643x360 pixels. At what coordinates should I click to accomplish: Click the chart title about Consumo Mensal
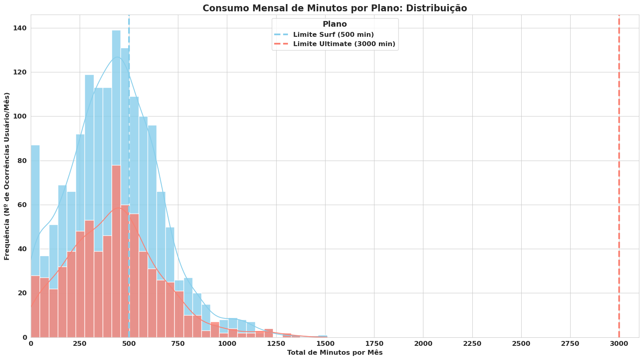334,8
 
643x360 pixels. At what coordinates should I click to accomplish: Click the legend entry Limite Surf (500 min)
333,34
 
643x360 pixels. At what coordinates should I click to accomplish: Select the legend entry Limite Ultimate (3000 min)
344,44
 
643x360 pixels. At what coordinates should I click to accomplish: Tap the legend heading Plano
334,24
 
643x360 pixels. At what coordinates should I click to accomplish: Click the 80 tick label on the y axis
23,161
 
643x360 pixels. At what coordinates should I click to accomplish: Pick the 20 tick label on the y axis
23,293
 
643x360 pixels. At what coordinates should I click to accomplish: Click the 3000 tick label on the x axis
619,343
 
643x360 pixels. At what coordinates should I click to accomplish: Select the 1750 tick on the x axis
374,343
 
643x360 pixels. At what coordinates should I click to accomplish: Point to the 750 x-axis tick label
178,343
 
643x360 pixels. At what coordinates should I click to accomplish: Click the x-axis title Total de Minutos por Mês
334,353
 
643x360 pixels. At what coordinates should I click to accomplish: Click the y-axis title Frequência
7,176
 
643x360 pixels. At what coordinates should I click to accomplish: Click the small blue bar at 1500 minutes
322,336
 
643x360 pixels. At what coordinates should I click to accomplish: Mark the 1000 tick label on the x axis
227,343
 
